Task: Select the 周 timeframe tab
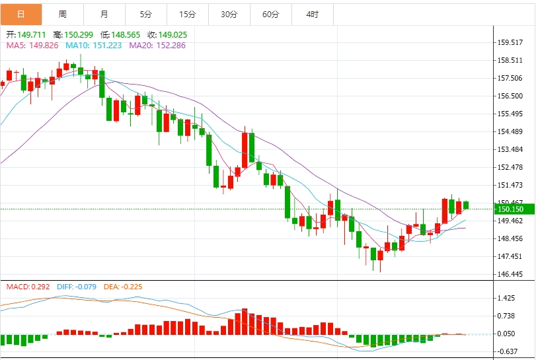62,14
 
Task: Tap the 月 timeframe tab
104,14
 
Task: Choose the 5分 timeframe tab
145,14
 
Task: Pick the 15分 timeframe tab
187,14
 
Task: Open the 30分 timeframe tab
229,14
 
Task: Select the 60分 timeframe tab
270,14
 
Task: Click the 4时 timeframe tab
312,14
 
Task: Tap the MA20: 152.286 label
157,46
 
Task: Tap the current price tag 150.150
510,209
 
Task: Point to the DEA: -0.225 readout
123,287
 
